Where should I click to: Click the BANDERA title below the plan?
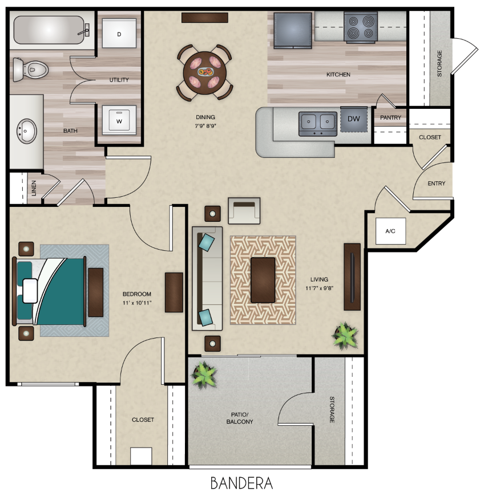click(x=241, y=482)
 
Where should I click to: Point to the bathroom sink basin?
click(x=26, y=132)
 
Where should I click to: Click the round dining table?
click(x=204, y=72)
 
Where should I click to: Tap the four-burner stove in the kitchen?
click(x=360, y=27)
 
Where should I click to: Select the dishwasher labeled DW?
click(x=353, y=119)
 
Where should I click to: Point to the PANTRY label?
click(x=390, y=118)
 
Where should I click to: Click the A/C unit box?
click(x=391, y=231)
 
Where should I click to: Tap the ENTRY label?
click(x=437, y=184)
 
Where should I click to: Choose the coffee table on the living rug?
click(x=263, y=279)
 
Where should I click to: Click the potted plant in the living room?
click(x=345, y=335)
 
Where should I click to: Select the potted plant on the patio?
click(x=204, y=374)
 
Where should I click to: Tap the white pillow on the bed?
click(x=30, y=291)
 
